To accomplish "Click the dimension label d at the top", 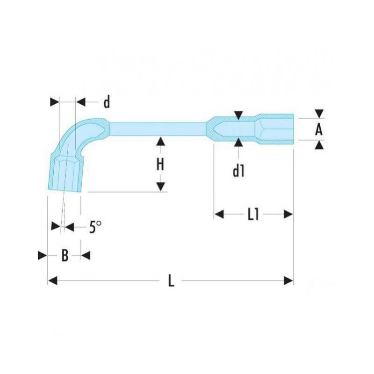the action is tap(107, 102).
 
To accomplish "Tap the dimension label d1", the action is tap(238, 171).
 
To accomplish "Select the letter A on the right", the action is tap(319, 130).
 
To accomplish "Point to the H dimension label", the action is tap(160, 165).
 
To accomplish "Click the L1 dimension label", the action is tap(253, 214).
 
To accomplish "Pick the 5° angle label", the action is tap(95, 227).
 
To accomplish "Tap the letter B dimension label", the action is tap(65, 255).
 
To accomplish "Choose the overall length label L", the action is tap(171, 280).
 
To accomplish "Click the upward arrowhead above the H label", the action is tap(161, 141).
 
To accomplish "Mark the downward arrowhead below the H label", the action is tap(161, 187).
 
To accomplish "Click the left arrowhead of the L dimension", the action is tap(53, 280).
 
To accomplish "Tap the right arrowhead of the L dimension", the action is tap(288, 280).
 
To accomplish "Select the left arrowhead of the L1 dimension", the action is tap(219, 214).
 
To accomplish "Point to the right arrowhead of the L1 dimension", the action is tap(288, 214).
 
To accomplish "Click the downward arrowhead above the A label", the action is tap(319, 114).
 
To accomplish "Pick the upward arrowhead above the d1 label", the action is tap(238, 143).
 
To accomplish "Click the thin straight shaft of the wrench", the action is tap(158, 129).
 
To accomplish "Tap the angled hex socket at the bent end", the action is tap(65, 173).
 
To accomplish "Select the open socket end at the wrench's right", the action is tap(274, 129).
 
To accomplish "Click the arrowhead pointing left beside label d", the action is tap(81, 102).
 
